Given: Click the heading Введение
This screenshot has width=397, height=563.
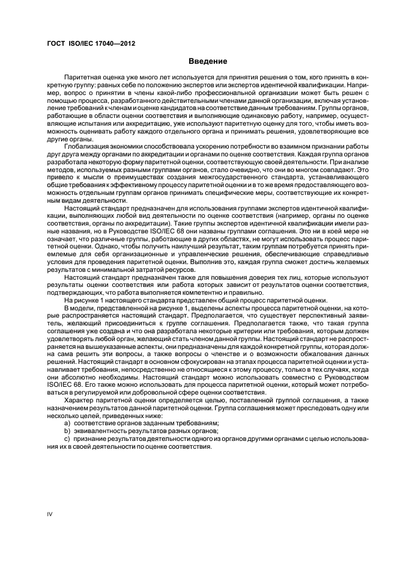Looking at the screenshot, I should (207, 61).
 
